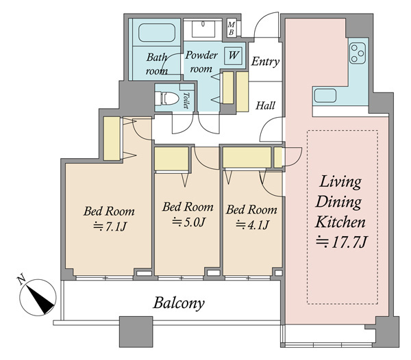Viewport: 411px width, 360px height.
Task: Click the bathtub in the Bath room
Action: click(157, 32)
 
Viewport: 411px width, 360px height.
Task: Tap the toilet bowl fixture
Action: click(166, 98)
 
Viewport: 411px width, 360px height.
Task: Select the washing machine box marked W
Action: click(234, 55)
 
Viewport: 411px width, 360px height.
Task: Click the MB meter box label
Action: click(232, 29)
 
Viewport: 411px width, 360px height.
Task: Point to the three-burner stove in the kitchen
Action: click(358, 53)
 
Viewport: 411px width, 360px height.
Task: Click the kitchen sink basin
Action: click(325, 96)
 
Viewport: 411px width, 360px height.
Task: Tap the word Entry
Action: click(265, 62)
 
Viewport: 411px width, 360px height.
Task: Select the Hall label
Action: click(265, 105)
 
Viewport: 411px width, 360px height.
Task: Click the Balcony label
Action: click(179, 303)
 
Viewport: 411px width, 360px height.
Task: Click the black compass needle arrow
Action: click(40, 300)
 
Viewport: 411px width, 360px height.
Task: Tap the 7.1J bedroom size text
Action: click(110, 227)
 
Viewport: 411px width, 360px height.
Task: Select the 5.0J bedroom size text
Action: click(188, 222)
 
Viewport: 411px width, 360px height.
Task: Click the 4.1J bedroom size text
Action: click(252, 225)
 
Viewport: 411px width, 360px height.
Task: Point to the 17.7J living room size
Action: click(342, 242)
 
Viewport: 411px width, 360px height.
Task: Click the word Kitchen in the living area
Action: click(340, 222)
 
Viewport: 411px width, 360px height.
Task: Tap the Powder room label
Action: click(201, 62)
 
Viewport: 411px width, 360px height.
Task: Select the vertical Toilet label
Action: click(186, 101)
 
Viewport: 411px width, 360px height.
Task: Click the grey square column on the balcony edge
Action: click(136, 332)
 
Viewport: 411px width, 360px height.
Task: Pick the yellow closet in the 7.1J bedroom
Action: click(112, 138)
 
